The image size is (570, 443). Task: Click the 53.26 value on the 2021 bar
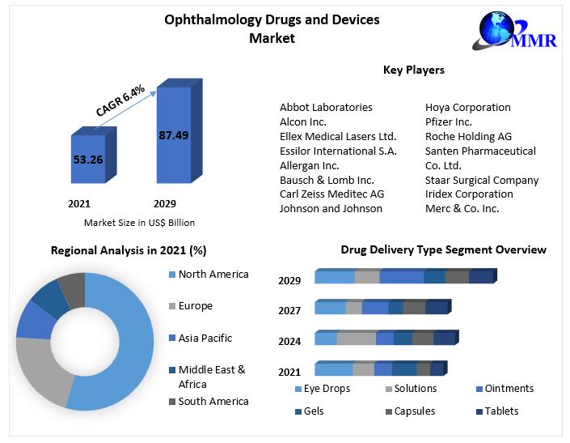pos(88,160)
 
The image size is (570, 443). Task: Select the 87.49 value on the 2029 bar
pos(174,135)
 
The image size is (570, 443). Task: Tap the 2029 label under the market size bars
pos(164,204)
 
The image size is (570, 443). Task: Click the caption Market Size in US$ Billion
pos(139,223)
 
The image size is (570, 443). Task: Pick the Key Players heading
pos(413,70)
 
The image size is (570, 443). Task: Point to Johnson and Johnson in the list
pos(331,208)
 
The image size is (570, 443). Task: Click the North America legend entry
pos(213,275)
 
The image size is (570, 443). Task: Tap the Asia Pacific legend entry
pos(205,338)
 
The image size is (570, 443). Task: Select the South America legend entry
pos(213,401)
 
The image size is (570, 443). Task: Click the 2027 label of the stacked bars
pos(289,310)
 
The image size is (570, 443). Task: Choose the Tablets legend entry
pos(501,411)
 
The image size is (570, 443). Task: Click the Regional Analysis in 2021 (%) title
pos(129,250)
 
